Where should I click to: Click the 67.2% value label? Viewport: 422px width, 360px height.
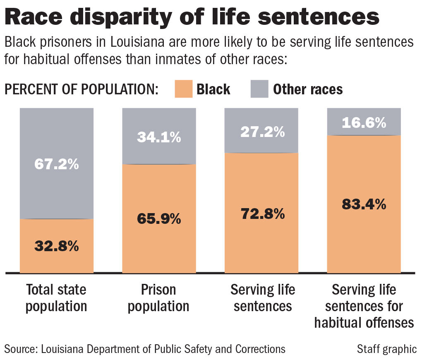tap(56, 164)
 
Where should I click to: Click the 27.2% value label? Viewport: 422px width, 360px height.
tap(262, 132)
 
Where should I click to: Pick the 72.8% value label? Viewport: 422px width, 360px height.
tap(262, 214)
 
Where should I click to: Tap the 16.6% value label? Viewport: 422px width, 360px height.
tap(364, 122)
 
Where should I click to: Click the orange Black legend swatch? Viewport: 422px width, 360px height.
tap(180, 89)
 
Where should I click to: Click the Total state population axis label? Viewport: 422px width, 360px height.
tap(56, 298)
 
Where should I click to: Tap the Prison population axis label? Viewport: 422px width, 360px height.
tap(159, 298)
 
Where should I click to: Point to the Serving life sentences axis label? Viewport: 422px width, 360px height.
tap(262, 298)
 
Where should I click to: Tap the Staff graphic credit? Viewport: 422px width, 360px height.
tap(386, 349)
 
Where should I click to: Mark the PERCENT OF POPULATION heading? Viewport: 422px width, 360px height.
tap(81, 89)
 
